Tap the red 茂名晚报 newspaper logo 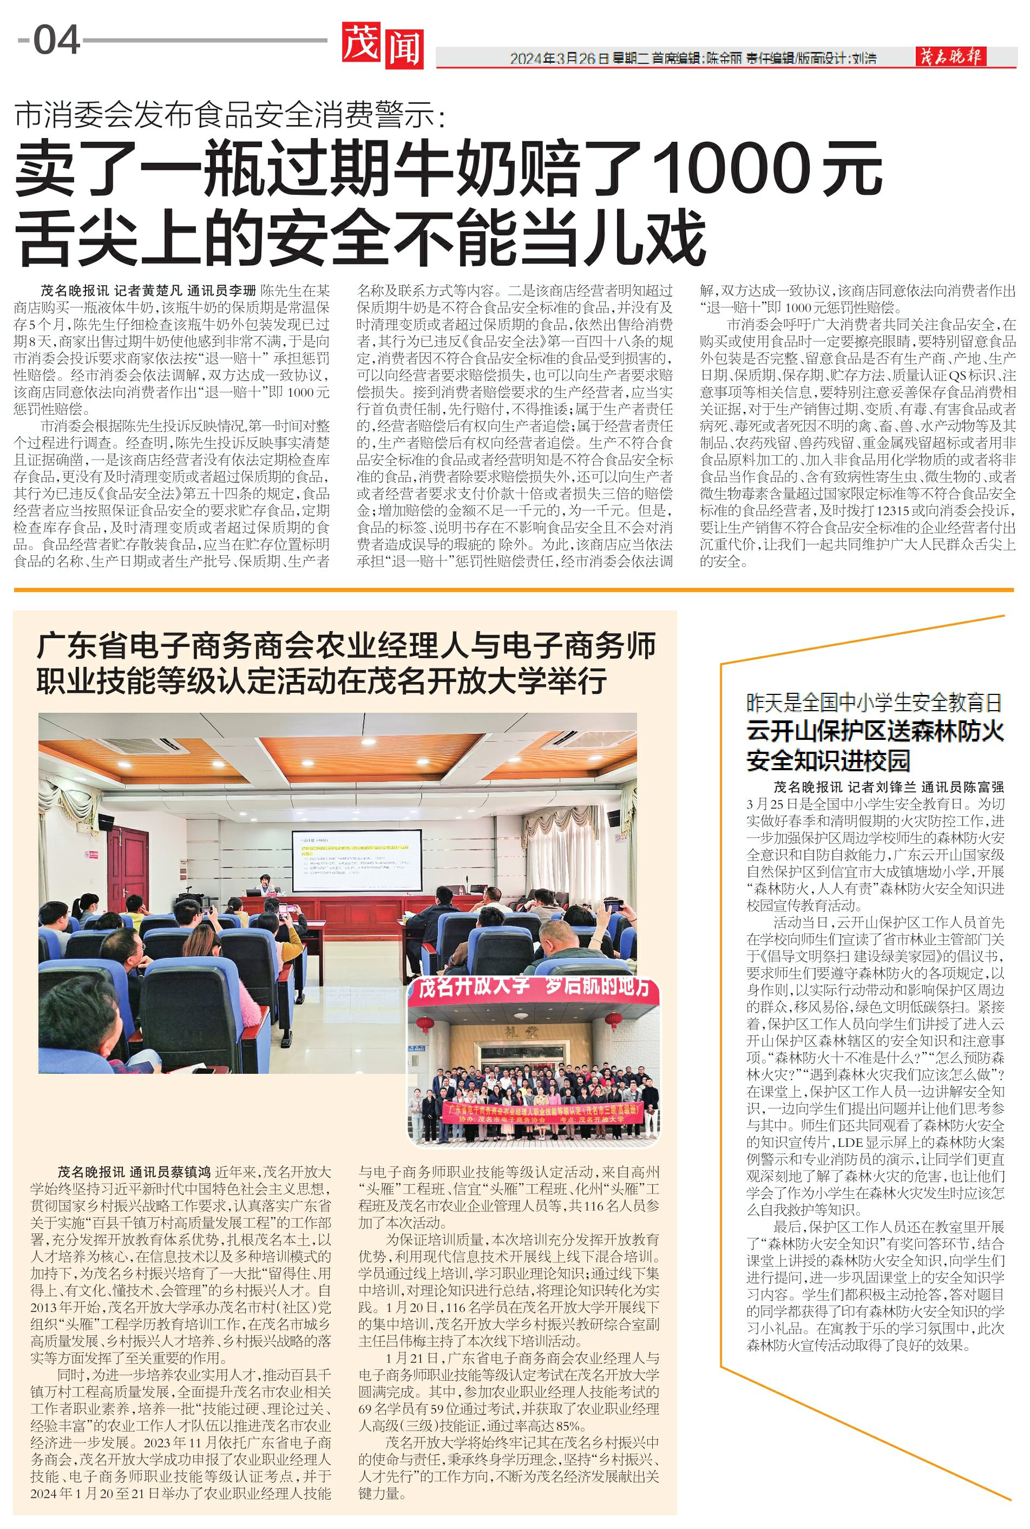tap(950, 56)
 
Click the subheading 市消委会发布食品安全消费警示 tap(230, 116)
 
